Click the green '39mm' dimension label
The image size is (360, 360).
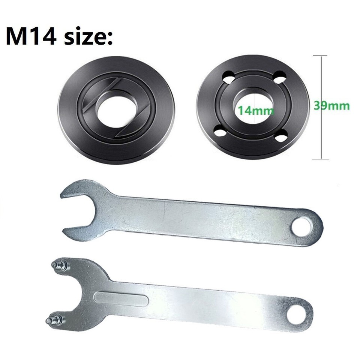click(331, 105)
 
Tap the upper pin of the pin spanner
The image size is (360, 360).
click(58, 265)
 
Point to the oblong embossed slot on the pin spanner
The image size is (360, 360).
click(121, 298)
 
